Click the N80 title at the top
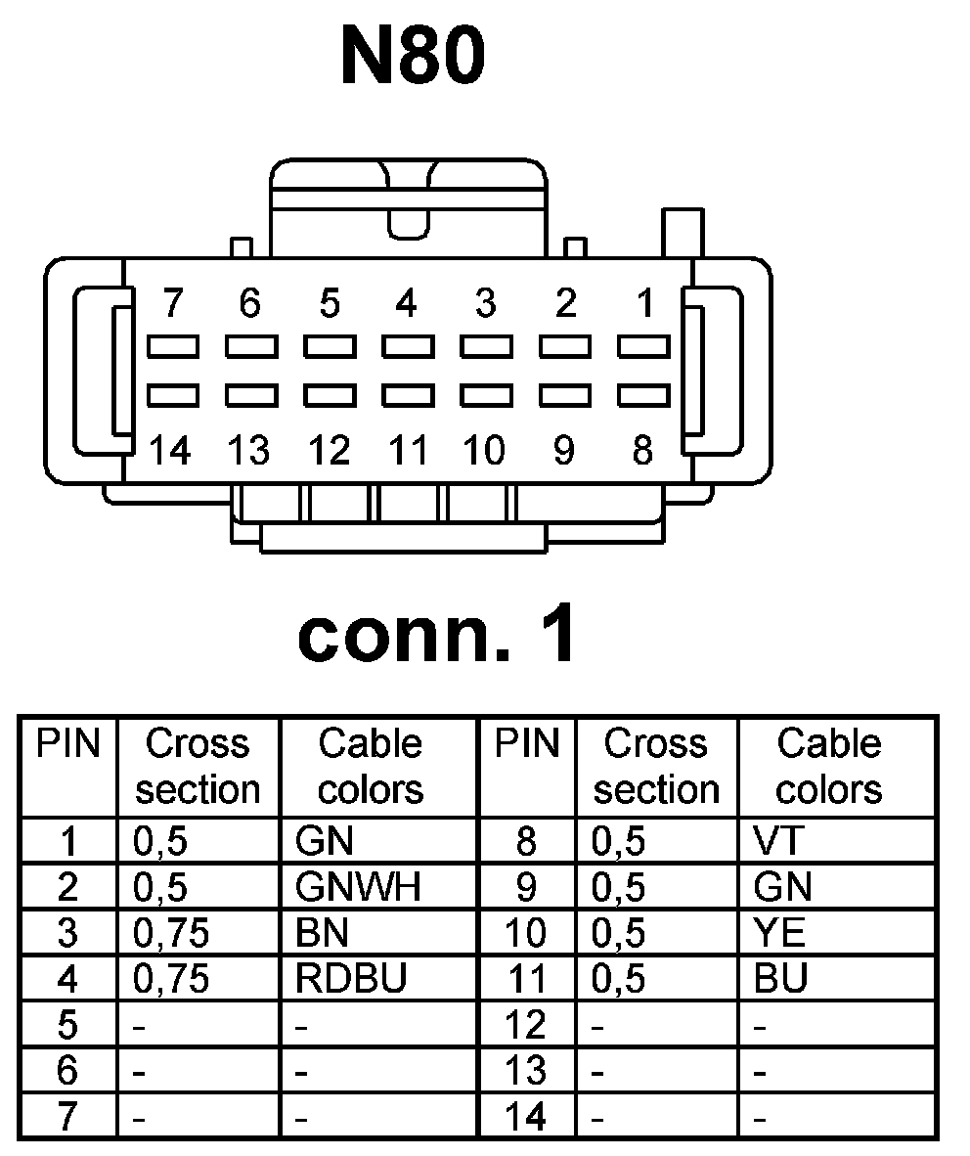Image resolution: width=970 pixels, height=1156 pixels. click(x=412, y=56)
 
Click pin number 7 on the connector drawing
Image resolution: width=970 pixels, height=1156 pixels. click(x=173, y=304)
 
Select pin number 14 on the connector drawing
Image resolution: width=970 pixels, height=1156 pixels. click(x=171, y=451)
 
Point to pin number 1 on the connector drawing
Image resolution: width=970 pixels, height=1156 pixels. click(x=644, y=304)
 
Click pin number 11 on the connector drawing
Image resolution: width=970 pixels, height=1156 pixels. click(x=408, y=451)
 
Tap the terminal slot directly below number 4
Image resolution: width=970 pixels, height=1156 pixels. click(x=408, y=346)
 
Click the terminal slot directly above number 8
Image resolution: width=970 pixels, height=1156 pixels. click(x=643, y=394)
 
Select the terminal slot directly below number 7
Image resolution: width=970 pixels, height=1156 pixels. click(x=173, y=346)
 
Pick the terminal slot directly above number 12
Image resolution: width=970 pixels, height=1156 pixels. click(x=330, y=394)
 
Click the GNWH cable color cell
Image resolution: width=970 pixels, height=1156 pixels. click(x=358, y=887)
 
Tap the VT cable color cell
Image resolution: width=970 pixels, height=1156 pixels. click(x=774, y=841)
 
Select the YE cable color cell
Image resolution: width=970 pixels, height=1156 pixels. click(x=779, y=933)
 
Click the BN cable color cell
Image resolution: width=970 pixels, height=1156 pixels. click(x=322, y=933)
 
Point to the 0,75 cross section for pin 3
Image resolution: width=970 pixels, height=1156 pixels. click(x=170, y=933)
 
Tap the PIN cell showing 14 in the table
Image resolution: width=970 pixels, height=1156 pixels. click(x=526, y=1117)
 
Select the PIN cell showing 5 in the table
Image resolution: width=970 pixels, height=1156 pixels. click(x=67, y=1025)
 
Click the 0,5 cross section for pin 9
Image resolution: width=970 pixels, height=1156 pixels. click(x=619, y=887)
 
